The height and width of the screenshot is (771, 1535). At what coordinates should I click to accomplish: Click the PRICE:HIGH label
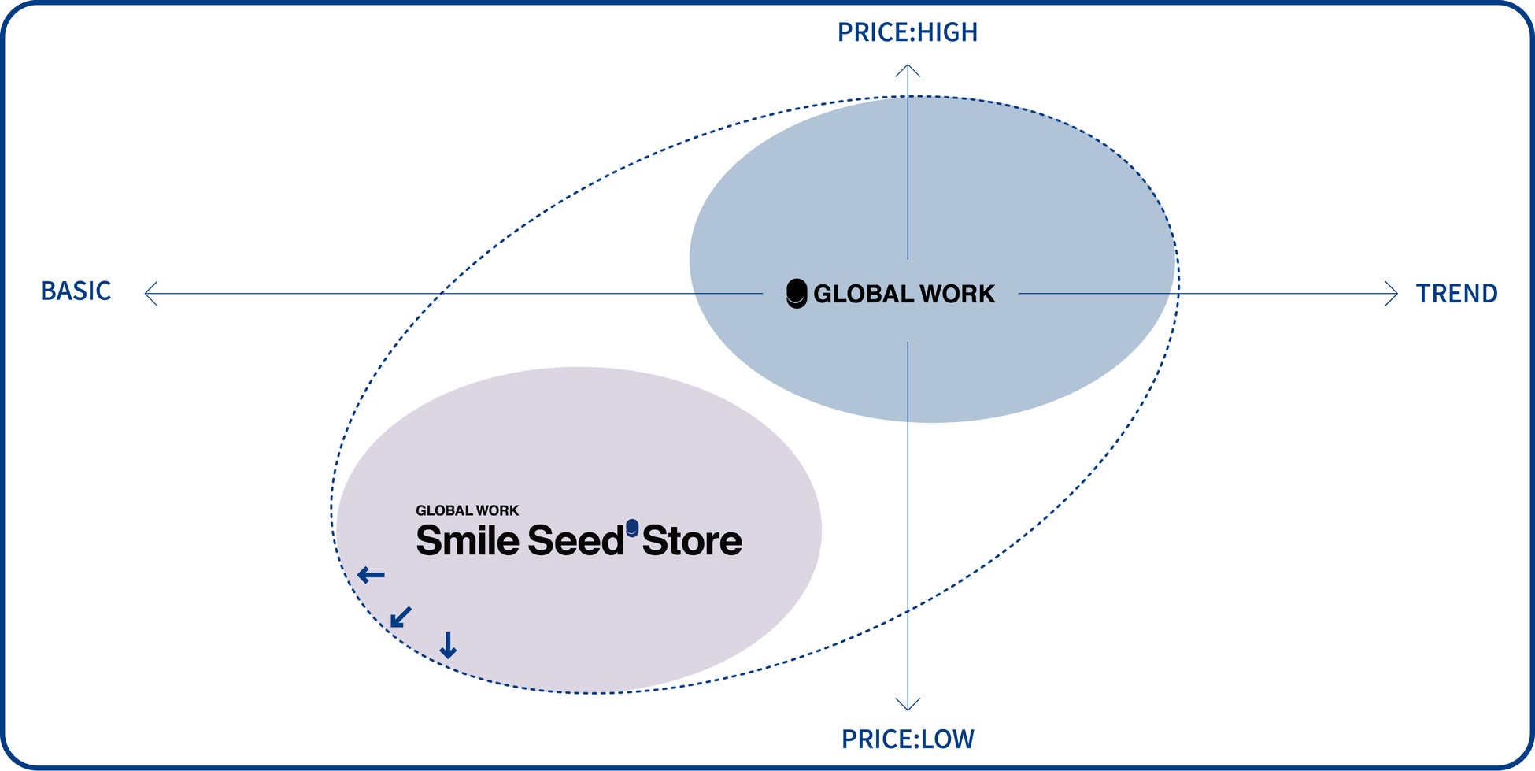click(907, 32)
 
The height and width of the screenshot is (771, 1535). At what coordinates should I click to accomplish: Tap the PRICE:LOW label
click(908, 739)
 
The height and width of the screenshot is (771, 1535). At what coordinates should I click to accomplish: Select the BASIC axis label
click(76, 291)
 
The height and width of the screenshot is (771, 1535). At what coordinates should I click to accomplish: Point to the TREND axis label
click(1456, 293)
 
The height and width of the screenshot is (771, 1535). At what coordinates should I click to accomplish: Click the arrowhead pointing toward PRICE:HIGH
click(908, 69)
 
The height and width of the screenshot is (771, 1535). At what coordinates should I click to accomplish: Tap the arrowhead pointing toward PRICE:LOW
click(908, 704)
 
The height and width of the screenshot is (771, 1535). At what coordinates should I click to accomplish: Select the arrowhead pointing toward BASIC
click(150, 294)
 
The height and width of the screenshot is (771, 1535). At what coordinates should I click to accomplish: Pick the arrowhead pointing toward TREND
click(1392, 294)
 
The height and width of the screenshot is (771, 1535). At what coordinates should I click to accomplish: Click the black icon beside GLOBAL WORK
click(797, 294)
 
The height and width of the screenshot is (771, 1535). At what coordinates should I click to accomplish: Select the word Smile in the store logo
click(468, 541)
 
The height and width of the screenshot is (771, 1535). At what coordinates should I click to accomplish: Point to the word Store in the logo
click(692, 541)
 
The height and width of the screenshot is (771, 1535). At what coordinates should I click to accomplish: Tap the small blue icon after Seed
click(632, 528)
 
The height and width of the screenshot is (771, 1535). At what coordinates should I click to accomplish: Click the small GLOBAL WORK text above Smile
click(467, 510)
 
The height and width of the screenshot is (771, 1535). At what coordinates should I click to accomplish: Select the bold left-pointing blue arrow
click(371, 575)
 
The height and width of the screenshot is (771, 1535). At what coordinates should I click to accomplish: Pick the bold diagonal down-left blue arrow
click(401, 617)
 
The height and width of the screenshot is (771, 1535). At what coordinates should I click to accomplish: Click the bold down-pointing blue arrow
click(448, 645)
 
